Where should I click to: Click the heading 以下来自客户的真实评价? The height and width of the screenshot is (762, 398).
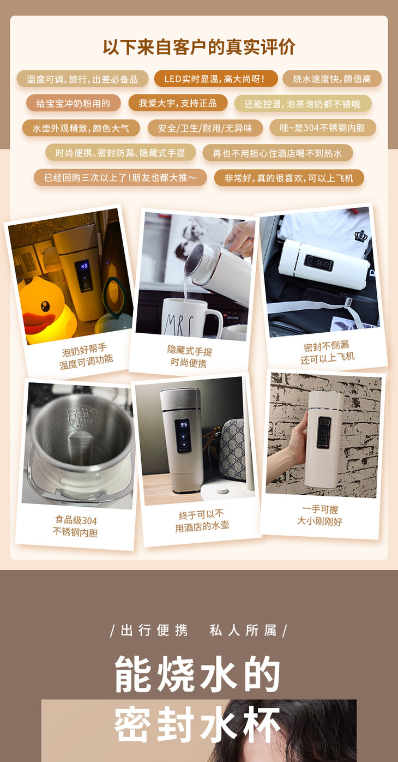point(199,47)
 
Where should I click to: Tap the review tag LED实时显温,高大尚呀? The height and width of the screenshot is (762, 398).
point(215,79)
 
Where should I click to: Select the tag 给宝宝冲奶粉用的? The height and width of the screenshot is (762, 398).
point(74,103)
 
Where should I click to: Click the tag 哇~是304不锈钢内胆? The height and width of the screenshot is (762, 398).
point(323,128)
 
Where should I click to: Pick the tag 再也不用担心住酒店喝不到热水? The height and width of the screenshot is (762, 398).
point(278,153)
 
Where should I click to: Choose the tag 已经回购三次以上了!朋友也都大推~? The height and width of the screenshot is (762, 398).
point(120,178)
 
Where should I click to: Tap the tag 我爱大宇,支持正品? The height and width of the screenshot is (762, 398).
point(178,103)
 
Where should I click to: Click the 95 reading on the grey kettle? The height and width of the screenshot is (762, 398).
point(184,424)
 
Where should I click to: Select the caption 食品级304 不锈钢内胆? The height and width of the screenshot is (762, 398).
point(75,526)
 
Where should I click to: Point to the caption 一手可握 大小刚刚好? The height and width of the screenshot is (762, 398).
point(319,515)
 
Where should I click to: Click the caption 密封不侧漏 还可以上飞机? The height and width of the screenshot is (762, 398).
point(327,352)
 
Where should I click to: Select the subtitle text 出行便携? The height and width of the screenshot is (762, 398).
point(154,631)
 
